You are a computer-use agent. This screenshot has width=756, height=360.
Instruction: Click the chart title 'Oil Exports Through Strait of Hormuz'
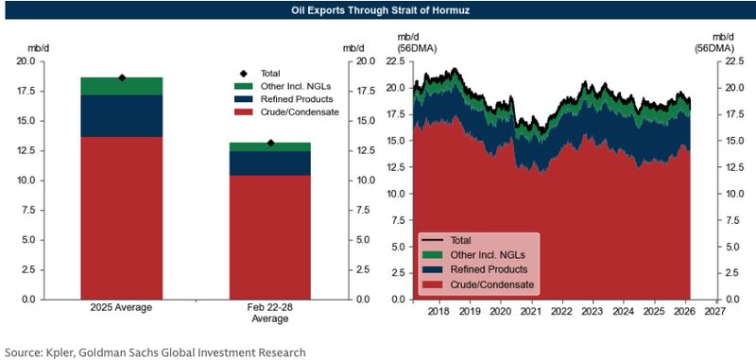click(x=378, y=12)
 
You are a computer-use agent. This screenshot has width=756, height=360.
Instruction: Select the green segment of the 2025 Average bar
click(x=121, y=86)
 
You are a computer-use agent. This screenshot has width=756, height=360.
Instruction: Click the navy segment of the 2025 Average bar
click(x=121, y=116)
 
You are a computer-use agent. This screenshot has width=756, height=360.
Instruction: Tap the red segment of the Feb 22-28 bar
click(x=270, y=236)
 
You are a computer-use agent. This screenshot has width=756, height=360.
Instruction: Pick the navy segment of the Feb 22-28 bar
click(x=270, y=163)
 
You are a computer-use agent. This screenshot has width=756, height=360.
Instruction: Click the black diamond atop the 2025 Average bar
click(x=121, y=77)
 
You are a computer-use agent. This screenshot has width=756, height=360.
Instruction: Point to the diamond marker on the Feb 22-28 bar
click(x=270, y=143)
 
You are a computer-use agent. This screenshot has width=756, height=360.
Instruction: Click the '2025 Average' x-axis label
click(x=121, y=308)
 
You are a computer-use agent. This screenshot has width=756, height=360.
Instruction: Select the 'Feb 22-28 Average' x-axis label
click(x=270, y=314)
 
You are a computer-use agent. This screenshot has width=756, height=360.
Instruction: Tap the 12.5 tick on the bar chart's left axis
click(x=25, y=151)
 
